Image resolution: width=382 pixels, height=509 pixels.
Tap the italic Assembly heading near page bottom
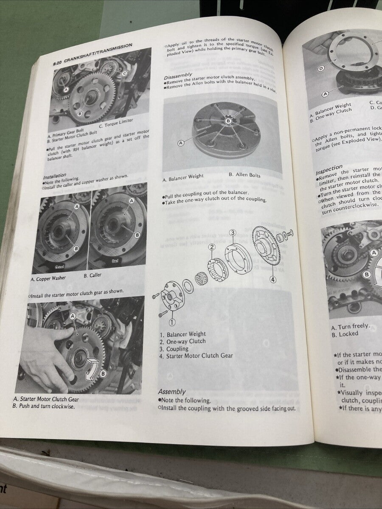tap(172, 392)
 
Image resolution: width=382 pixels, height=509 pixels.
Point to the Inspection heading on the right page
tap(329, 169)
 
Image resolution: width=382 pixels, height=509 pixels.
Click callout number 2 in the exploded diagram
tap(212, 247)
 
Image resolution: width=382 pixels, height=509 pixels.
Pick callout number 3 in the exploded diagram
tap(233, 232)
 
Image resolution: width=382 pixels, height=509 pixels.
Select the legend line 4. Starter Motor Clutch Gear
tap(196, 356)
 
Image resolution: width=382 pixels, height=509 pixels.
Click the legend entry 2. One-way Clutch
tap(183, 341)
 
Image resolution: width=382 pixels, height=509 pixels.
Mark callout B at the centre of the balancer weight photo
tap(228, 121)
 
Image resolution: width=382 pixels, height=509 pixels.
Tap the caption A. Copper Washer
tap(48, 279)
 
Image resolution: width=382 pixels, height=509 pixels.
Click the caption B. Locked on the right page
tap(344, 334)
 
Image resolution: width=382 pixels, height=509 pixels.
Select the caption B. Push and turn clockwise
tap(44, 406)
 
